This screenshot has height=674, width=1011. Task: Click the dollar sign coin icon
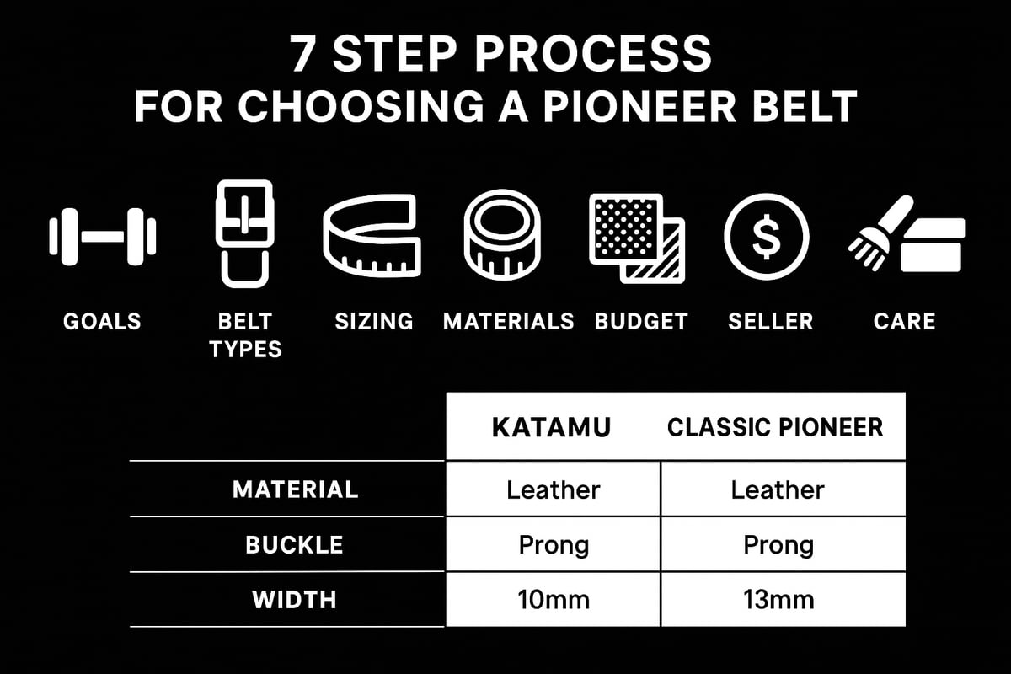pos(766,236)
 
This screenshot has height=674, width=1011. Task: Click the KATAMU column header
pos(552,426)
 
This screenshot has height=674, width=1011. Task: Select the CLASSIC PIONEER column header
pos(775,426)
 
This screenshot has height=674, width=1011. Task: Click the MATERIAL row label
pos(295,489)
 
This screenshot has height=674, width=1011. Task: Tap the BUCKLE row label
pos(295,545)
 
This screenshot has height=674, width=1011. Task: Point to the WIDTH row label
pos(295,600)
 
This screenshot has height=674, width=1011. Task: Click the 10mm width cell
pos(554,600)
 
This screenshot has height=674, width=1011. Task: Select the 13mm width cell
pos(778,600)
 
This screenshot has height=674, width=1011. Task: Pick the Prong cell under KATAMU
pos(554,545)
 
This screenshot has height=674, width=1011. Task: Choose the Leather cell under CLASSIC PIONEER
pos(778,489)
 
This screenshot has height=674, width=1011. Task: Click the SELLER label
pos(770,321)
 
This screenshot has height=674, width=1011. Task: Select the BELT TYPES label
pos(245,334)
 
